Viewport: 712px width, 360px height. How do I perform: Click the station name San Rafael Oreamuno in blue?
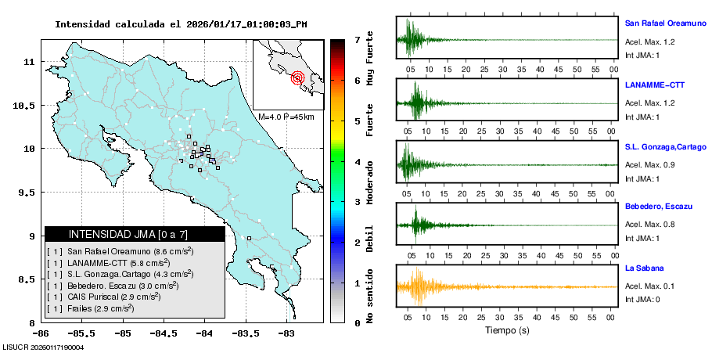664,23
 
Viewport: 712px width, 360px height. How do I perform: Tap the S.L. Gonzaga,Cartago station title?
666,146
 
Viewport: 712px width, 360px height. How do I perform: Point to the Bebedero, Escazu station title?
660,207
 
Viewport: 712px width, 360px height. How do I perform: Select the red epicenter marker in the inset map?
297,77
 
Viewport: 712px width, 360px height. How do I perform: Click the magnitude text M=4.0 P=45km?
286,117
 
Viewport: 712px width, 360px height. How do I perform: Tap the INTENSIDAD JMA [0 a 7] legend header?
134,234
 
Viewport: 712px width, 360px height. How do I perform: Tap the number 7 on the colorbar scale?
357,39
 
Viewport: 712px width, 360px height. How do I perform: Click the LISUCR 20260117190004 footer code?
44,347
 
